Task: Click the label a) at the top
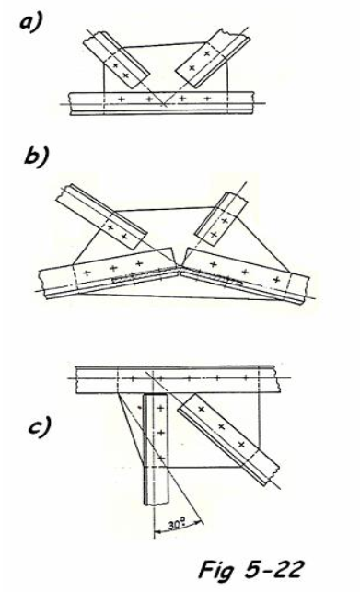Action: (x=32, y=23)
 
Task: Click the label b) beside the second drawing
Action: (x=36, y=156)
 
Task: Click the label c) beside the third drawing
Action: (x=40, y=427)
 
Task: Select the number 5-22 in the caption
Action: (x=273, y=569)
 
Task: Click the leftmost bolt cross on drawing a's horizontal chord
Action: (x=122, y=99)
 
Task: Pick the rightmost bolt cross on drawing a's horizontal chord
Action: (x=207, y=99)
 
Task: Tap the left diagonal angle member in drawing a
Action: (x=117, y=60)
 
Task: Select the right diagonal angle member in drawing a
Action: (x=213, y=58)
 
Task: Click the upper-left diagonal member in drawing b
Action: (x=101, y=216)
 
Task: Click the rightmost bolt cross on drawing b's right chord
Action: (x=276, y=279)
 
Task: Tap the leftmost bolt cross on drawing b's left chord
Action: (x=87, y=273)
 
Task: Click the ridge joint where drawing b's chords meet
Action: (x=180, y=265)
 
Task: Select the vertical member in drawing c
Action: (x=155, y=449)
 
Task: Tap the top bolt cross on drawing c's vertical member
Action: (x=161, y=408)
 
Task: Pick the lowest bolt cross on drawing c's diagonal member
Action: (x=241, y=445)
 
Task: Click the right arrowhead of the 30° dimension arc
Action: (x=199, y=522)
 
